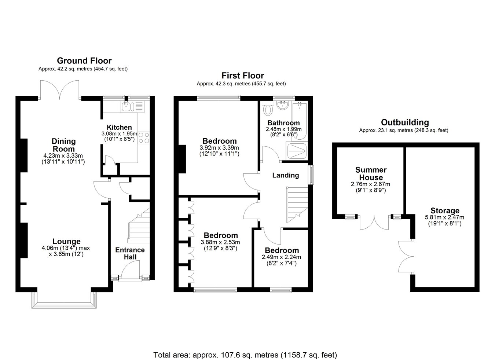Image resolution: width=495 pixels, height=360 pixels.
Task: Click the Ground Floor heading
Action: click(x=84, y=60)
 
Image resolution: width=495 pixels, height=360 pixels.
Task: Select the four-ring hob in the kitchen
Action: click(x=144, y=138)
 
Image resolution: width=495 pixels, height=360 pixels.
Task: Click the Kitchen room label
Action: click(x=119, y=127)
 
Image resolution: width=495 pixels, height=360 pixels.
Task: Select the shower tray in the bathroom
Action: click(x=297, y=151)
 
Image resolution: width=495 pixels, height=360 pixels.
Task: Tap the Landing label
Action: click(x=286, y=175)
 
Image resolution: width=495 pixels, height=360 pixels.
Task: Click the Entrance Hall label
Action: click(x=130, y=253)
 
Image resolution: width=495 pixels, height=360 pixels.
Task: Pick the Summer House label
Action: click(x=371, y=174)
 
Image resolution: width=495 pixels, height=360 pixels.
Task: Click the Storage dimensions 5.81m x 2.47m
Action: click(x=445, y=217)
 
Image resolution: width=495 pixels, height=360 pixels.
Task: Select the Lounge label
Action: click(x=66, y=241)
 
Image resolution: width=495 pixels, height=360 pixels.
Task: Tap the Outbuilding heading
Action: click(x=405, y=122)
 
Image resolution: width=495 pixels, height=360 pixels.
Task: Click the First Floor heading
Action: click(x=243, y=76)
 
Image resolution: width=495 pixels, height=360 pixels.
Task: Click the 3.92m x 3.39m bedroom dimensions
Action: click(x=219, y=148)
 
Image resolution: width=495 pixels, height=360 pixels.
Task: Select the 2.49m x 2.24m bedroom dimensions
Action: click(x=281, y=257)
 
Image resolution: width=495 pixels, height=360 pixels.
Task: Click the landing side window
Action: click(x=311, y=175)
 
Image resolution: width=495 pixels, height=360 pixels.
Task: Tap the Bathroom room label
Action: click(x=283, y=123)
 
